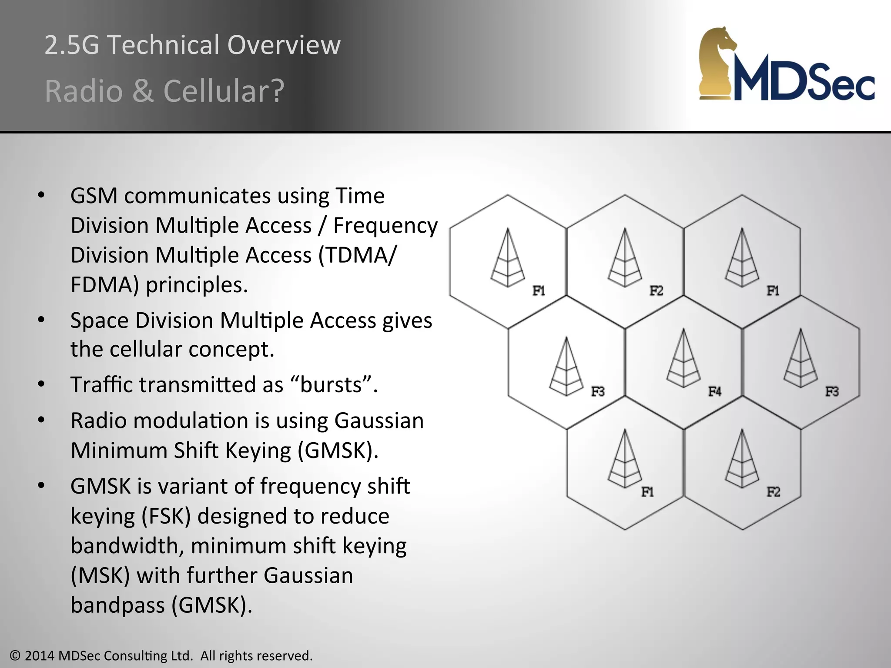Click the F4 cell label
pos(714,391)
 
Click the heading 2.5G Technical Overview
pos(192,45)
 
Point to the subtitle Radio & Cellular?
pos(164,91)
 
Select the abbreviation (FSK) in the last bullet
pos(166,516)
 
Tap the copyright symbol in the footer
pos(15,655)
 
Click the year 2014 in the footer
pos(40,655)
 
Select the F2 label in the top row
pos(656,291)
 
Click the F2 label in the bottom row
pos(773,492)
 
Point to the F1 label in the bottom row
pos(647,492)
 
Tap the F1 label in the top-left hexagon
pos(539,291)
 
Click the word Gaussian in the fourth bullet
pos(379,421)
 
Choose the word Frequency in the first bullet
pos(385,226)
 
